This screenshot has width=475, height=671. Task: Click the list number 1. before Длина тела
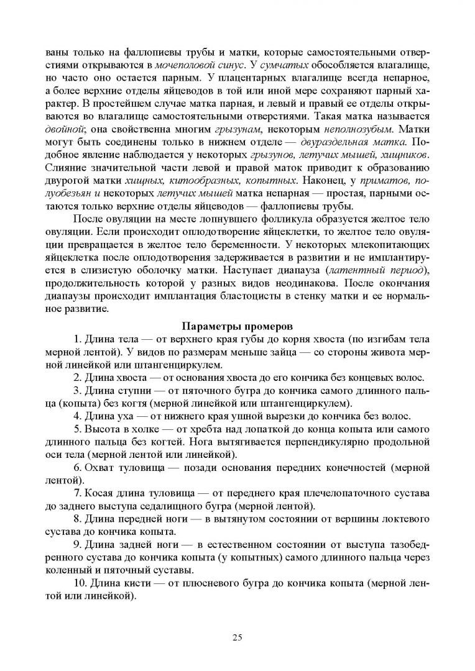pos(78,339)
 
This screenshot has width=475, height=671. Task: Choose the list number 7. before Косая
pos(78,493)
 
